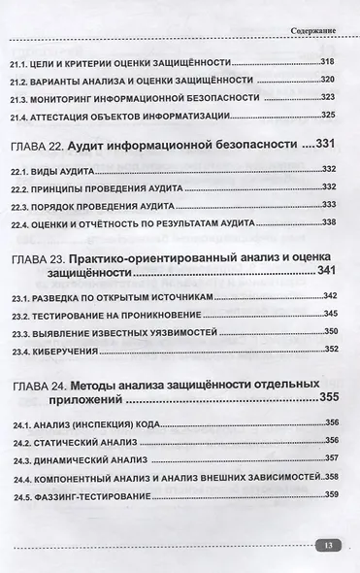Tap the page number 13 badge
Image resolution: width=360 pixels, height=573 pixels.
coord(329,546)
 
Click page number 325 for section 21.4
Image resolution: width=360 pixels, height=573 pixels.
coord(328,117)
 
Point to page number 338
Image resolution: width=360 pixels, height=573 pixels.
coord(328,222)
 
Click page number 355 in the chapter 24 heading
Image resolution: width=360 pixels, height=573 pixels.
coord(330,397)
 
